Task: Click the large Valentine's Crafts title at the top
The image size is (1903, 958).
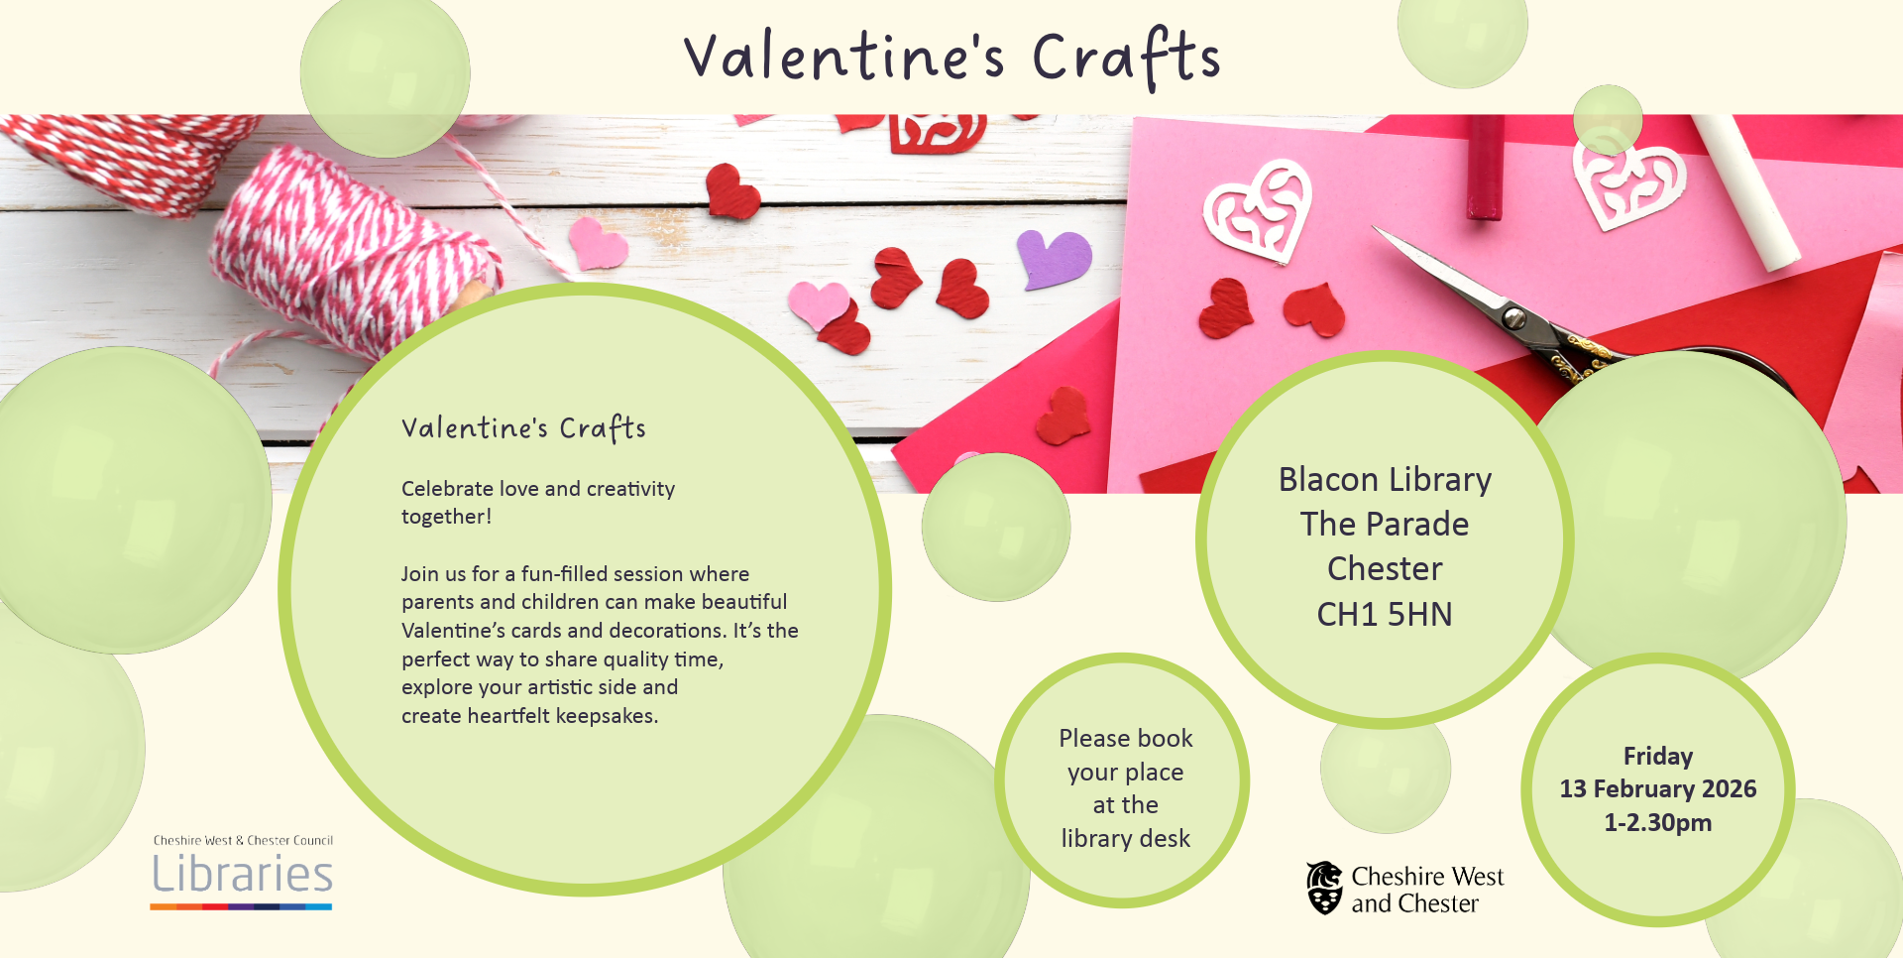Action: (x=951, y=58)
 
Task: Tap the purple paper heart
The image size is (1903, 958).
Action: (x=1053, y=258)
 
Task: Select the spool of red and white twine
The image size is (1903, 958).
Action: (x=347, y=248)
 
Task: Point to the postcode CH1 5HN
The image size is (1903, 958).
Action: (x=1385, y=615)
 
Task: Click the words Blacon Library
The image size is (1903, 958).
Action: (x=1385, y=480)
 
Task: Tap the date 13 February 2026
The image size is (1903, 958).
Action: (x=1657, y=789)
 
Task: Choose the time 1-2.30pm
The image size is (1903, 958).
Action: (x=1657, y=823)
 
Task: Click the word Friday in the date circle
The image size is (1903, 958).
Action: (x=1657, y=757)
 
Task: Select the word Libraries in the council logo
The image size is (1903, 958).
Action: (x=242, y=875)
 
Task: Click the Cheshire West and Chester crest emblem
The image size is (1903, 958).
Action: (x=1324, y=888)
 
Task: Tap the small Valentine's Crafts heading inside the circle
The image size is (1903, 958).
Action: (x=523, y=428)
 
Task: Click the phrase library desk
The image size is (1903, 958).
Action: (x=1125, y=839)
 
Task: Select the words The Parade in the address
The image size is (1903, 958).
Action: (x=1385, y=525)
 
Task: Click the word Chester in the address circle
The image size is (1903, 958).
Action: (x=1385, y=569)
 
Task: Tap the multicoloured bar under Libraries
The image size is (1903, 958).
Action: (x=241, y=906)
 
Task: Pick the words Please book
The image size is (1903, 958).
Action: (x=1125, y=739)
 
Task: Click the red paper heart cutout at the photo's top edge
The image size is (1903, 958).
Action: (x=937, y=134)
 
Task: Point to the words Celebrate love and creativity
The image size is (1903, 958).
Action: (x=537, y=489)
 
